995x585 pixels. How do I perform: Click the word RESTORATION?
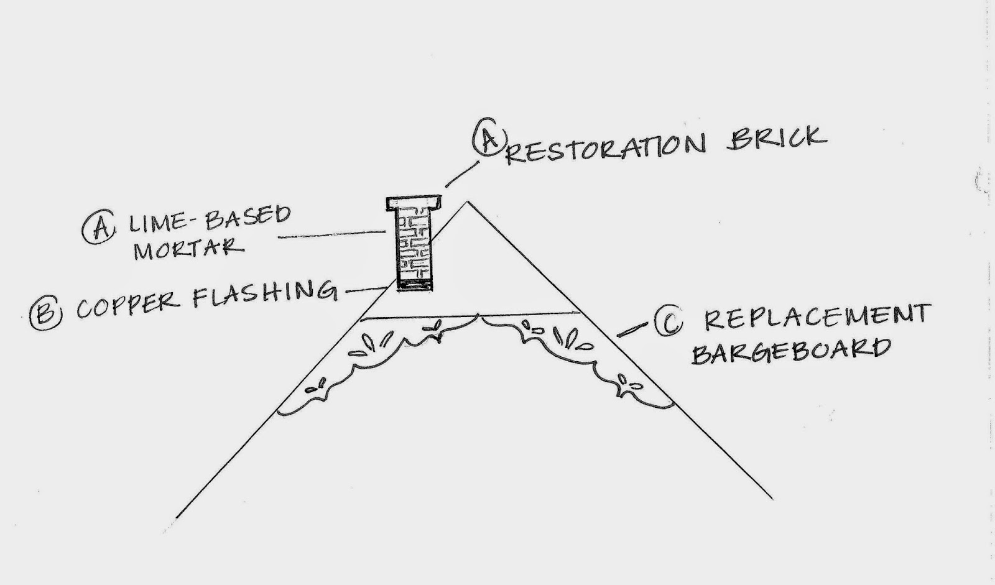pos(606,149)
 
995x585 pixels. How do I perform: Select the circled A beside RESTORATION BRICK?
pos(489,137)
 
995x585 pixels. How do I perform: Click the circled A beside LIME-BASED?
pos(99,226)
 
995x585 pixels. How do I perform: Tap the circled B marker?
pos(46,313)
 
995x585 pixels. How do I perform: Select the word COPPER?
pos(128,306)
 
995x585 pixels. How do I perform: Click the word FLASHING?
pos(265,293)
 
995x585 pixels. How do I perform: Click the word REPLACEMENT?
pos(817,316)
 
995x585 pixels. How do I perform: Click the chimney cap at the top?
pos(414,203)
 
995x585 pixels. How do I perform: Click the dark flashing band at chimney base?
pos(415,285)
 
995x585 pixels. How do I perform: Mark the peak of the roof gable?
pos(467,202)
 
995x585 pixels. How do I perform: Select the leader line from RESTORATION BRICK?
pos(463,174)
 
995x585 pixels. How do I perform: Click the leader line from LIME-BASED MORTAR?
pos(332,234)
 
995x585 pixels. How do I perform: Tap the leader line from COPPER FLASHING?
pos(366,290)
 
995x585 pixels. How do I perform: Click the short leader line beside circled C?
pos(632,330)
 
